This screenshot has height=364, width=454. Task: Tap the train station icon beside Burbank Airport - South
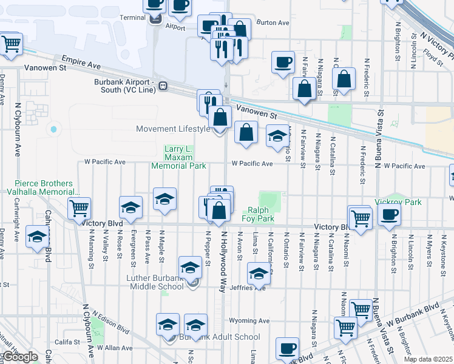(163, 86)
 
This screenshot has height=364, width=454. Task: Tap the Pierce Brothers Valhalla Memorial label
(44, 187)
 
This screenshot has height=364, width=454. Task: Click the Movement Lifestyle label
(172, 129)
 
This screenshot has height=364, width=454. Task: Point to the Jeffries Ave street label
(252, 288)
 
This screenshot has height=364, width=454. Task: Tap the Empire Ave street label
(81, 62)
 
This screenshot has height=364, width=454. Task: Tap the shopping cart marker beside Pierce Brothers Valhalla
(79, 208)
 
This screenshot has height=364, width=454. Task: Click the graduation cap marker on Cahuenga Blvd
(38, 237)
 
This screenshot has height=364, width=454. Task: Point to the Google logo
(21, 357)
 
